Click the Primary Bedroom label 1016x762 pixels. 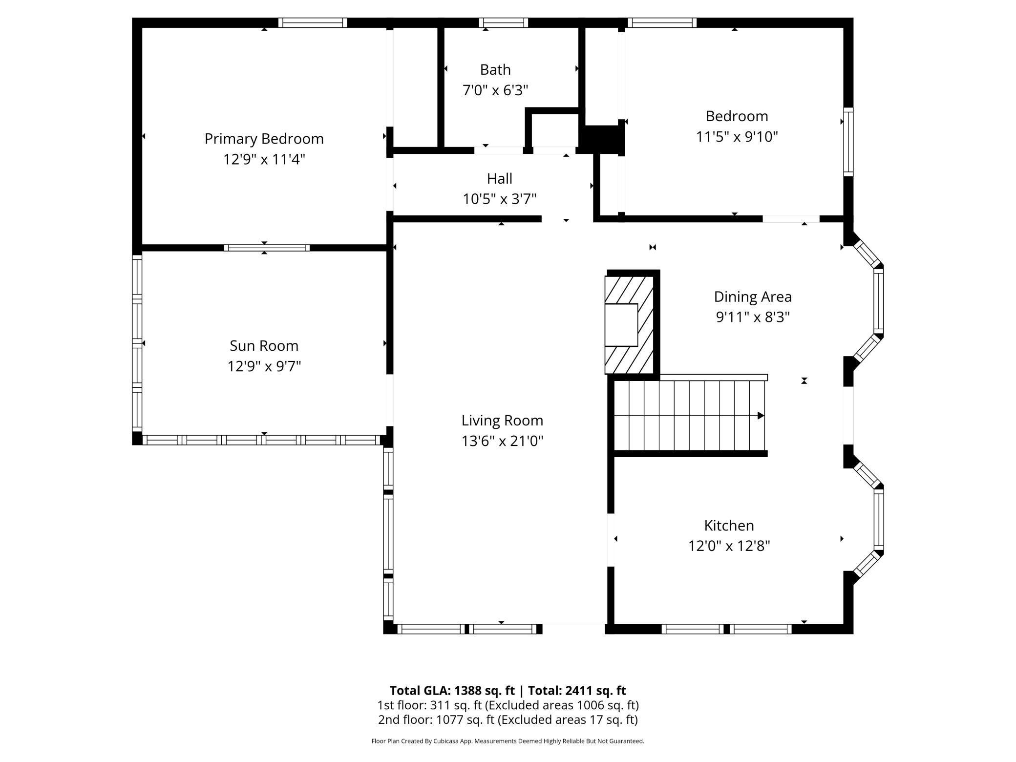pos(264,139)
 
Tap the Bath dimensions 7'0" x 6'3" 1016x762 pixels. pos(495,90)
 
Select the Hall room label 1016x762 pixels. pos(499,179)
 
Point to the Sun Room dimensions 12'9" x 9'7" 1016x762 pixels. pos(264,366)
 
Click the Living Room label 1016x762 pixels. pos(502,421)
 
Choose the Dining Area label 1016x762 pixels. pos(752,297)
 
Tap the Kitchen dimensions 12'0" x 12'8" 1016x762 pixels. pos(729,546)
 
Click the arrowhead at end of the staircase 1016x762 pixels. pos(760,416)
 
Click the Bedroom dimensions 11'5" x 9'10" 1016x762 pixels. pos(737,137)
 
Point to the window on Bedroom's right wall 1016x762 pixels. pos(848,142)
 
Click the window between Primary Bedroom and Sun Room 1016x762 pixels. pos(267,248)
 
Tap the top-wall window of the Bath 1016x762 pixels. pos(503,22)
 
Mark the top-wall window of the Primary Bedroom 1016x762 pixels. pos(313,22)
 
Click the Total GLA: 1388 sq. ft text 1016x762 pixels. pos(452,691)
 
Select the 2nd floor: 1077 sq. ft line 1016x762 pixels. pos(508,720)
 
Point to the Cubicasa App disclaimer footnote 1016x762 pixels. pos(508,741)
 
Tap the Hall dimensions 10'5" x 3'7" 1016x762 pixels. pos(499,199)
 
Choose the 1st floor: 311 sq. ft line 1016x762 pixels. pos(508,705)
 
